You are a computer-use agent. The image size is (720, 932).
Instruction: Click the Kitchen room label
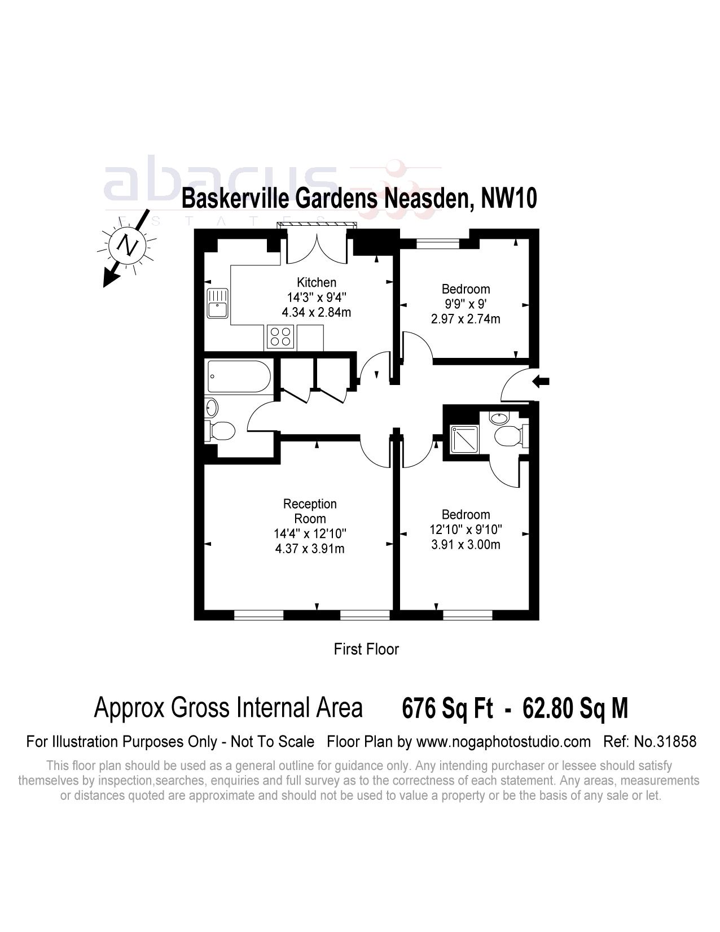[316, 282]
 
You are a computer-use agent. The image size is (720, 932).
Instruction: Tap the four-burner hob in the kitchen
[280, 337]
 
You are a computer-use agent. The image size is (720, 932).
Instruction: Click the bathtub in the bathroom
[239, 377]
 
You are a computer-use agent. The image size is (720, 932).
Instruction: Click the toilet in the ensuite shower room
[510, 436]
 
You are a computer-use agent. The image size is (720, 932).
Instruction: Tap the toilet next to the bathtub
[221, 431]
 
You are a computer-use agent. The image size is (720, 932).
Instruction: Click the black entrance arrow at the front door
[541, 382]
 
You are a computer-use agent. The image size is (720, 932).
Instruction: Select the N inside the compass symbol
[128, 246]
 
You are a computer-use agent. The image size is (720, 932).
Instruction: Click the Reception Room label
[310, 511]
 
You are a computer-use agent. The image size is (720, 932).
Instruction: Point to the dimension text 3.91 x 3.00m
[465, 545]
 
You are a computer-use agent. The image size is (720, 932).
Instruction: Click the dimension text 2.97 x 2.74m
[465, 319]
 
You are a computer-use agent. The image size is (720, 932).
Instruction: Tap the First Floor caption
[366, 649]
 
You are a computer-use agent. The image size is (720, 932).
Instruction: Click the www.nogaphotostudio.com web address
[503, 741]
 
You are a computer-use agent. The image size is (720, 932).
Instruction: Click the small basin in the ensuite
[499, 418]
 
